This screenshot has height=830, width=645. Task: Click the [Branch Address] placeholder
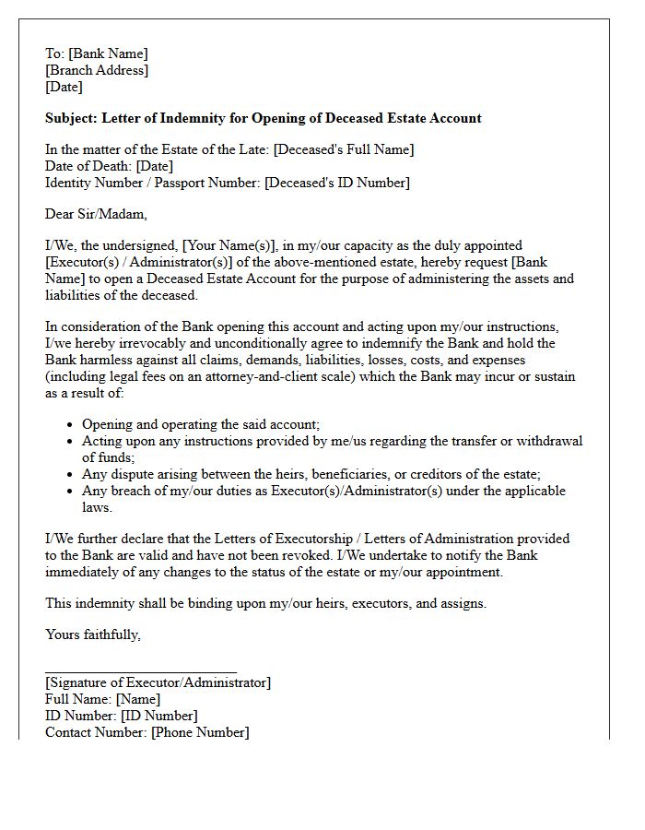pyautogui.click(x=97, y=70)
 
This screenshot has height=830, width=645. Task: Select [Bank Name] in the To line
pyautogui.click(x=108, y=53)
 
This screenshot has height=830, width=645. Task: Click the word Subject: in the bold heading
pyautogui.click(x=71, y=118)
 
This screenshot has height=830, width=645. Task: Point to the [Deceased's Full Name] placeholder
pyautogui.click(x=344, y=149)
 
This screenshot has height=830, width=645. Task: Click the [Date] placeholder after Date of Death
pyautogui.click(x=155, y=166)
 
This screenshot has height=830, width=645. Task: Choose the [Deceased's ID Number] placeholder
pyautogui.click(x=337, y=183)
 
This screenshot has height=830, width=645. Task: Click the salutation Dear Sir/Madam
pyautogui.click(x=96, y=214)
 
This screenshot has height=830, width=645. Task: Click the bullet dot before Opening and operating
pyautogui.click(x=71, y=425)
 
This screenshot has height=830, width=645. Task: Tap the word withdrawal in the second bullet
pyautogui.click(x=549, y=441)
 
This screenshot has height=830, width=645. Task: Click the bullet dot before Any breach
pyautogui.click(x=71, y=492)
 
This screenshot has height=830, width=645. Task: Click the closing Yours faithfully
pyautogui.click(x=93, y=634)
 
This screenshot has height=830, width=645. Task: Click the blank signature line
pyautogui.click(x=141, y=672)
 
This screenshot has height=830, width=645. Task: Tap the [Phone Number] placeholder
pyautogui.click(x=200, y=732)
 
